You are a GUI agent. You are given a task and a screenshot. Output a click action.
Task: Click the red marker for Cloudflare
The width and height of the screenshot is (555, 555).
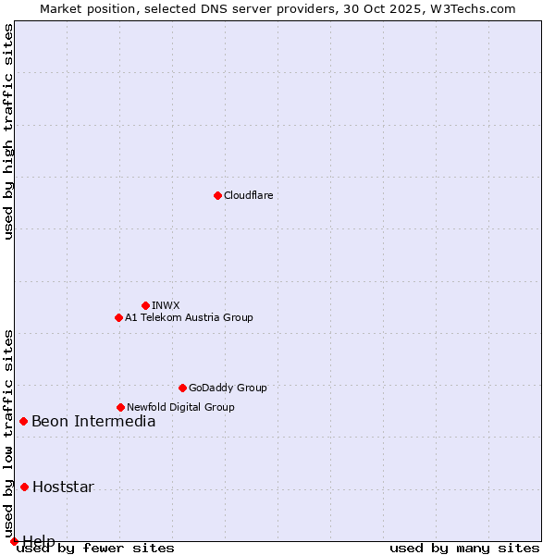[217, 195]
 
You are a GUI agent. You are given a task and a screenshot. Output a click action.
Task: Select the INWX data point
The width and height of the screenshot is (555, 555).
[145, 305]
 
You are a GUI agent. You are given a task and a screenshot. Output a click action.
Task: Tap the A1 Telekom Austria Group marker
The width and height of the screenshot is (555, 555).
[118, 317]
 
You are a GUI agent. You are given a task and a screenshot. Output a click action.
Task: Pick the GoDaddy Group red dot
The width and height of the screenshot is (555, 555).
[182, 388]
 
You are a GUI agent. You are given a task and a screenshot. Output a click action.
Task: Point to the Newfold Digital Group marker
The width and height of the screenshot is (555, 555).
[120, 407]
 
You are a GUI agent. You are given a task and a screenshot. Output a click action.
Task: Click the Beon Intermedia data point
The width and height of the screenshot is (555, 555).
[23, 421]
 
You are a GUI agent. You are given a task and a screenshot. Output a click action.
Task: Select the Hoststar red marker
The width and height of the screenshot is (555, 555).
[24, 487]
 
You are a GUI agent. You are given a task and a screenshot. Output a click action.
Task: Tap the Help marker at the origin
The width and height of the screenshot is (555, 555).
[14, 541]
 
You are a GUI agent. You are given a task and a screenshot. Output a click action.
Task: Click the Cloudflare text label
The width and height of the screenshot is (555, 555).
[249, 195]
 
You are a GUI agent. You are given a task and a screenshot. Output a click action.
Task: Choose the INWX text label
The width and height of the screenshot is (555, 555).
[166, 305]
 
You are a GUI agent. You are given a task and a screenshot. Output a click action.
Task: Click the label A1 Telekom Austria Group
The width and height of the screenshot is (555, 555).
[189, 317]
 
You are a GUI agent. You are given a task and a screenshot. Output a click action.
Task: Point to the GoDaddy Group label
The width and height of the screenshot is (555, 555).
[228, 388]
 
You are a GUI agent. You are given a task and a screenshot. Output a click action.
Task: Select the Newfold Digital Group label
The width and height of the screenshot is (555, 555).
[180, 407]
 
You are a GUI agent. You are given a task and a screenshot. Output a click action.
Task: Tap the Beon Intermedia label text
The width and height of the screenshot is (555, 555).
[93, 422]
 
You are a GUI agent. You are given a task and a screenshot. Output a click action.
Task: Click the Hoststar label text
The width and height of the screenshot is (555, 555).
[63, 487]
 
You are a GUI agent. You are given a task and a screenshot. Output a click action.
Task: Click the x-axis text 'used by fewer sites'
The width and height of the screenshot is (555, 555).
[95, 548]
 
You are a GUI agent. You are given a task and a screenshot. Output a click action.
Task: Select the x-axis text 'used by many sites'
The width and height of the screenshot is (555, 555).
[464, 548]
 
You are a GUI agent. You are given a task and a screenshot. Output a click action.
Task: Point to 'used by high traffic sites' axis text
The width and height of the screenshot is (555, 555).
[9, 131]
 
